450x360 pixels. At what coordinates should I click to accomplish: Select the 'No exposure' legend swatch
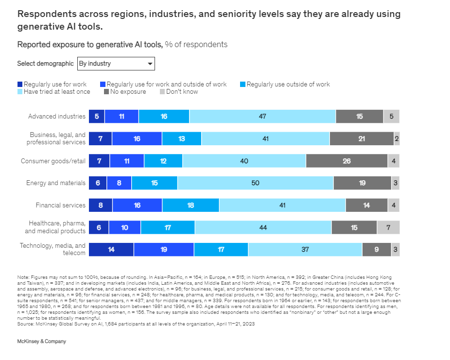tap(106, 91)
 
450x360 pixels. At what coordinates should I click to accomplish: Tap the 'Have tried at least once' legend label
tap(57, 91)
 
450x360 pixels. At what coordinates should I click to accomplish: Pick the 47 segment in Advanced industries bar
tap(262, 117)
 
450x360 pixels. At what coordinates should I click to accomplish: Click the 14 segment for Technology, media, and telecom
tap(111, 249)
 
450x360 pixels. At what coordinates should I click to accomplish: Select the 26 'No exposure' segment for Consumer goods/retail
tap(346, 161)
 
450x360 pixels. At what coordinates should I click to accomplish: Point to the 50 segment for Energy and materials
tap(255, 183)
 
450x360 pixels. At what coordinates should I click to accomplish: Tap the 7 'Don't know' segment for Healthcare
tap(388, 227)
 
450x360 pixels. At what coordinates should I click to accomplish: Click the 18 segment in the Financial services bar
tap(190, 205)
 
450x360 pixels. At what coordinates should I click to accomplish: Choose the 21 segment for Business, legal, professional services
tap(362, 138)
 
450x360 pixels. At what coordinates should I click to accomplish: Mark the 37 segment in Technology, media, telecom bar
tap(305, 249)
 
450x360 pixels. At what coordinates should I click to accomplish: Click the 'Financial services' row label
tap(61, 205)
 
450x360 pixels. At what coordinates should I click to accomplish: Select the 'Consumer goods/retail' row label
tap(53, 161)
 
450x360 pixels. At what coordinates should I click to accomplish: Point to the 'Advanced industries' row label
tap(57, 117)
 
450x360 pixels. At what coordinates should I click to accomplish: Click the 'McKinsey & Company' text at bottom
tap(41, 342)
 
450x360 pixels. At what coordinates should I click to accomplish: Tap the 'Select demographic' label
tap(45, 64)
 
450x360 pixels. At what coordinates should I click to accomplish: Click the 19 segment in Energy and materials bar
tap(363, 183)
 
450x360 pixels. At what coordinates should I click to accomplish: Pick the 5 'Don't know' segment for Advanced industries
tap(391, 117)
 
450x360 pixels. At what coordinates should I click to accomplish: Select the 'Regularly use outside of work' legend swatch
tap(242, 85)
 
